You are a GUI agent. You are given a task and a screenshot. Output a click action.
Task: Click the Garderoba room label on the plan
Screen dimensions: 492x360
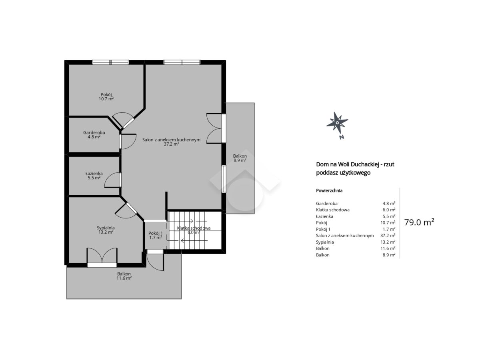click(94, 135)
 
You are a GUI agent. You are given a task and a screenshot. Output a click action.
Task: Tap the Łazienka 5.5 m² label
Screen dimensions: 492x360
click(94, 176)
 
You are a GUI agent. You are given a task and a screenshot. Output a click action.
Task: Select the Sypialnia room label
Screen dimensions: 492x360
click(106, 230)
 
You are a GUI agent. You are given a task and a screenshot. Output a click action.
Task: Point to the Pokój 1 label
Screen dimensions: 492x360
click(156, 235)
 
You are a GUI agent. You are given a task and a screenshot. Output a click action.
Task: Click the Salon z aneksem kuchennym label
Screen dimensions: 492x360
click(171, 142)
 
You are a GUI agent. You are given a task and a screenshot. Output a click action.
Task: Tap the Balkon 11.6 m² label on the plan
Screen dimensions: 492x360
click(124, 276)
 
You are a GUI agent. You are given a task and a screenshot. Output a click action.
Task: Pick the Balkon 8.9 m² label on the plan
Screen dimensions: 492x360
click(240, 158)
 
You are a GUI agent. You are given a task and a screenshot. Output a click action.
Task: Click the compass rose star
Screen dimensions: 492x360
click(337, 122)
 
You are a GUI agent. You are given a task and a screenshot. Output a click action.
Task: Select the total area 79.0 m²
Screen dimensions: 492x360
click(419, 222)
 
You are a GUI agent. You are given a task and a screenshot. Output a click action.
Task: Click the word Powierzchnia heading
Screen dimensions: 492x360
click(329, 191)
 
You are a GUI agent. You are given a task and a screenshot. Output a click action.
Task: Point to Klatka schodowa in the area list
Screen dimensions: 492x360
click(333, 210)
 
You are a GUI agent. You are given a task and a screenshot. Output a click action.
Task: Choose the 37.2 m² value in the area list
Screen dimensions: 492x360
click(388, 236)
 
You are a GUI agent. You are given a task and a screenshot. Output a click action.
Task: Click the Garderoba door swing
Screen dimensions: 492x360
click(128, 142)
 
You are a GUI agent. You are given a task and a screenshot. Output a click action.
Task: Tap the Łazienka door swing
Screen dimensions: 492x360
click(113, 180)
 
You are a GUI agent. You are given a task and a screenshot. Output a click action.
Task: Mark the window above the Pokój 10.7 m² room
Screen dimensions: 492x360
click(110, 62)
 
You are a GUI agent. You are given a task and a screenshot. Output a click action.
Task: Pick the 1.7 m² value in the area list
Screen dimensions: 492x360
click(389, 229)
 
